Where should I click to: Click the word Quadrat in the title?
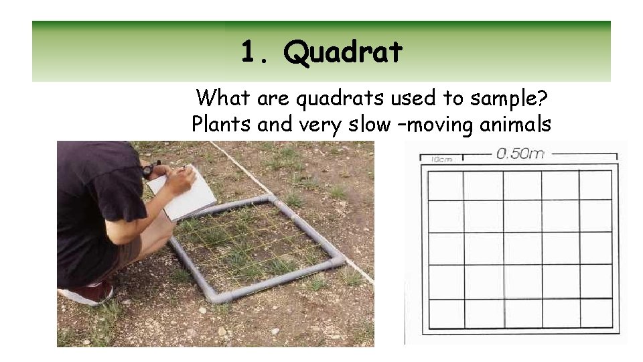(343, 52)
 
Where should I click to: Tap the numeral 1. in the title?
(255, 51)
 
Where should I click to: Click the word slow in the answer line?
(370, 124)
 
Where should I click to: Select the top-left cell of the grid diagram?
(445, 186)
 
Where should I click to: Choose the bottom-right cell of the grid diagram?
(595, 313)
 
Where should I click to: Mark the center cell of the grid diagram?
(521, 249)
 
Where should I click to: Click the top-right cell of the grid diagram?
(595, 186)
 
